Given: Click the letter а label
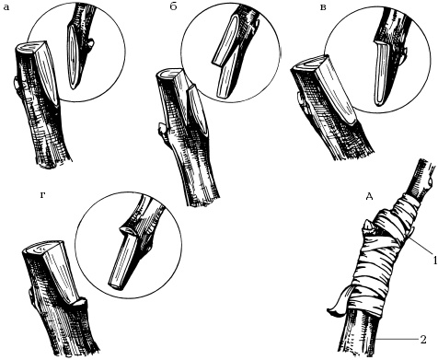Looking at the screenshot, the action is click(x=6, y=7).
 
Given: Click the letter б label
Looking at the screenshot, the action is click(x=173, y=6).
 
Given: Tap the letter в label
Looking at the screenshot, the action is click(x=323, y=7).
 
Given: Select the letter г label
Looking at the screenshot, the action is click(x=43, y=195).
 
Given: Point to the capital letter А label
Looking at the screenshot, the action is click(x=370, y=196).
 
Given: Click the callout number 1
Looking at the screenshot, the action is click(x=434, y=261).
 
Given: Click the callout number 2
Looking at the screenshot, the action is click(x=423, y=340).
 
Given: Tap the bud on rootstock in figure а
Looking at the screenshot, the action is click(x=16, y=83).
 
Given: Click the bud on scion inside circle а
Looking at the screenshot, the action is click(x=90, y=45).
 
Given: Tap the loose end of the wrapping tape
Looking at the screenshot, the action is click(x=337, y=307).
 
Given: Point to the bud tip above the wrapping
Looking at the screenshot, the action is click(x=368, y=227).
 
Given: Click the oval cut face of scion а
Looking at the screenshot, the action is click(x=73, y=57).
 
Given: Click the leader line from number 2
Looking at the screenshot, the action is click(x=398, y=340).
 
